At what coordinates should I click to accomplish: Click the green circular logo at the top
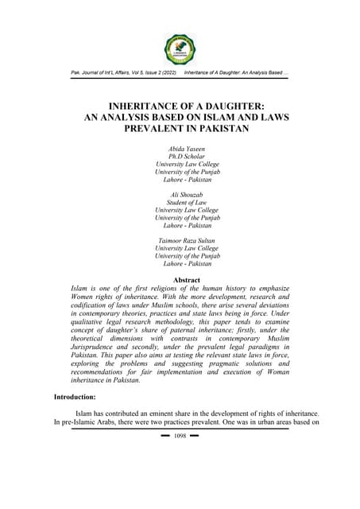180,49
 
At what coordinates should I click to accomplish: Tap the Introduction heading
80,396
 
